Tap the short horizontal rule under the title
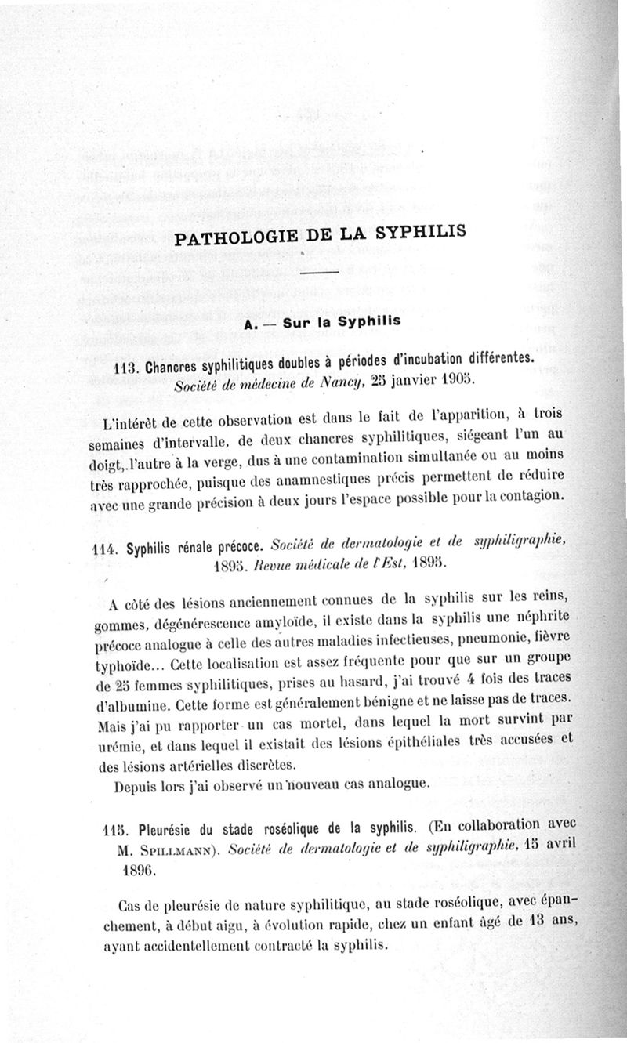(x=318, y=272)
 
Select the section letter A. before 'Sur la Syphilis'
(x=252, y=322)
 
